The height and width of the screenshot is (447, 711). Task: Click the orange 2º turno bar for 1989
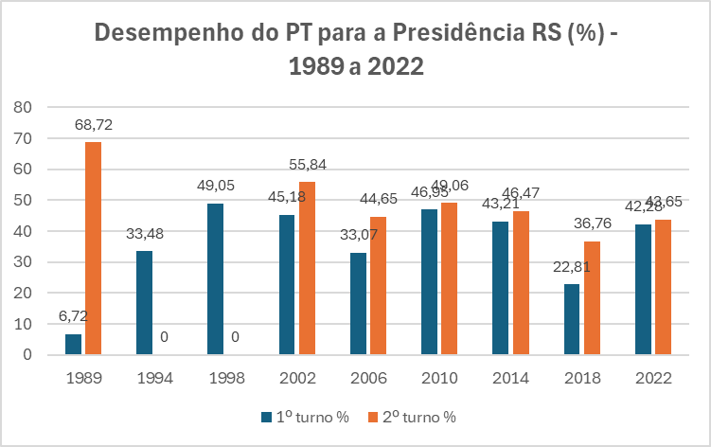[x=94, y=248]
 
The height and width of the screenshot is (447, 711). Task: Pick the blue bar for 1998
[x=214, y=279]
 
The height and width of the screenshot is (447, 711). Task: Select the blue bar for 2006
[x=358, y=304]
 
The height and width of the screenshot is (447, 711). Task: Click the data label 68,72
[x=96, y=124]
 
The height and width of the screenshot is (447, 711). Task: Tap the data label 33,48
[x=146, y=234]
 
